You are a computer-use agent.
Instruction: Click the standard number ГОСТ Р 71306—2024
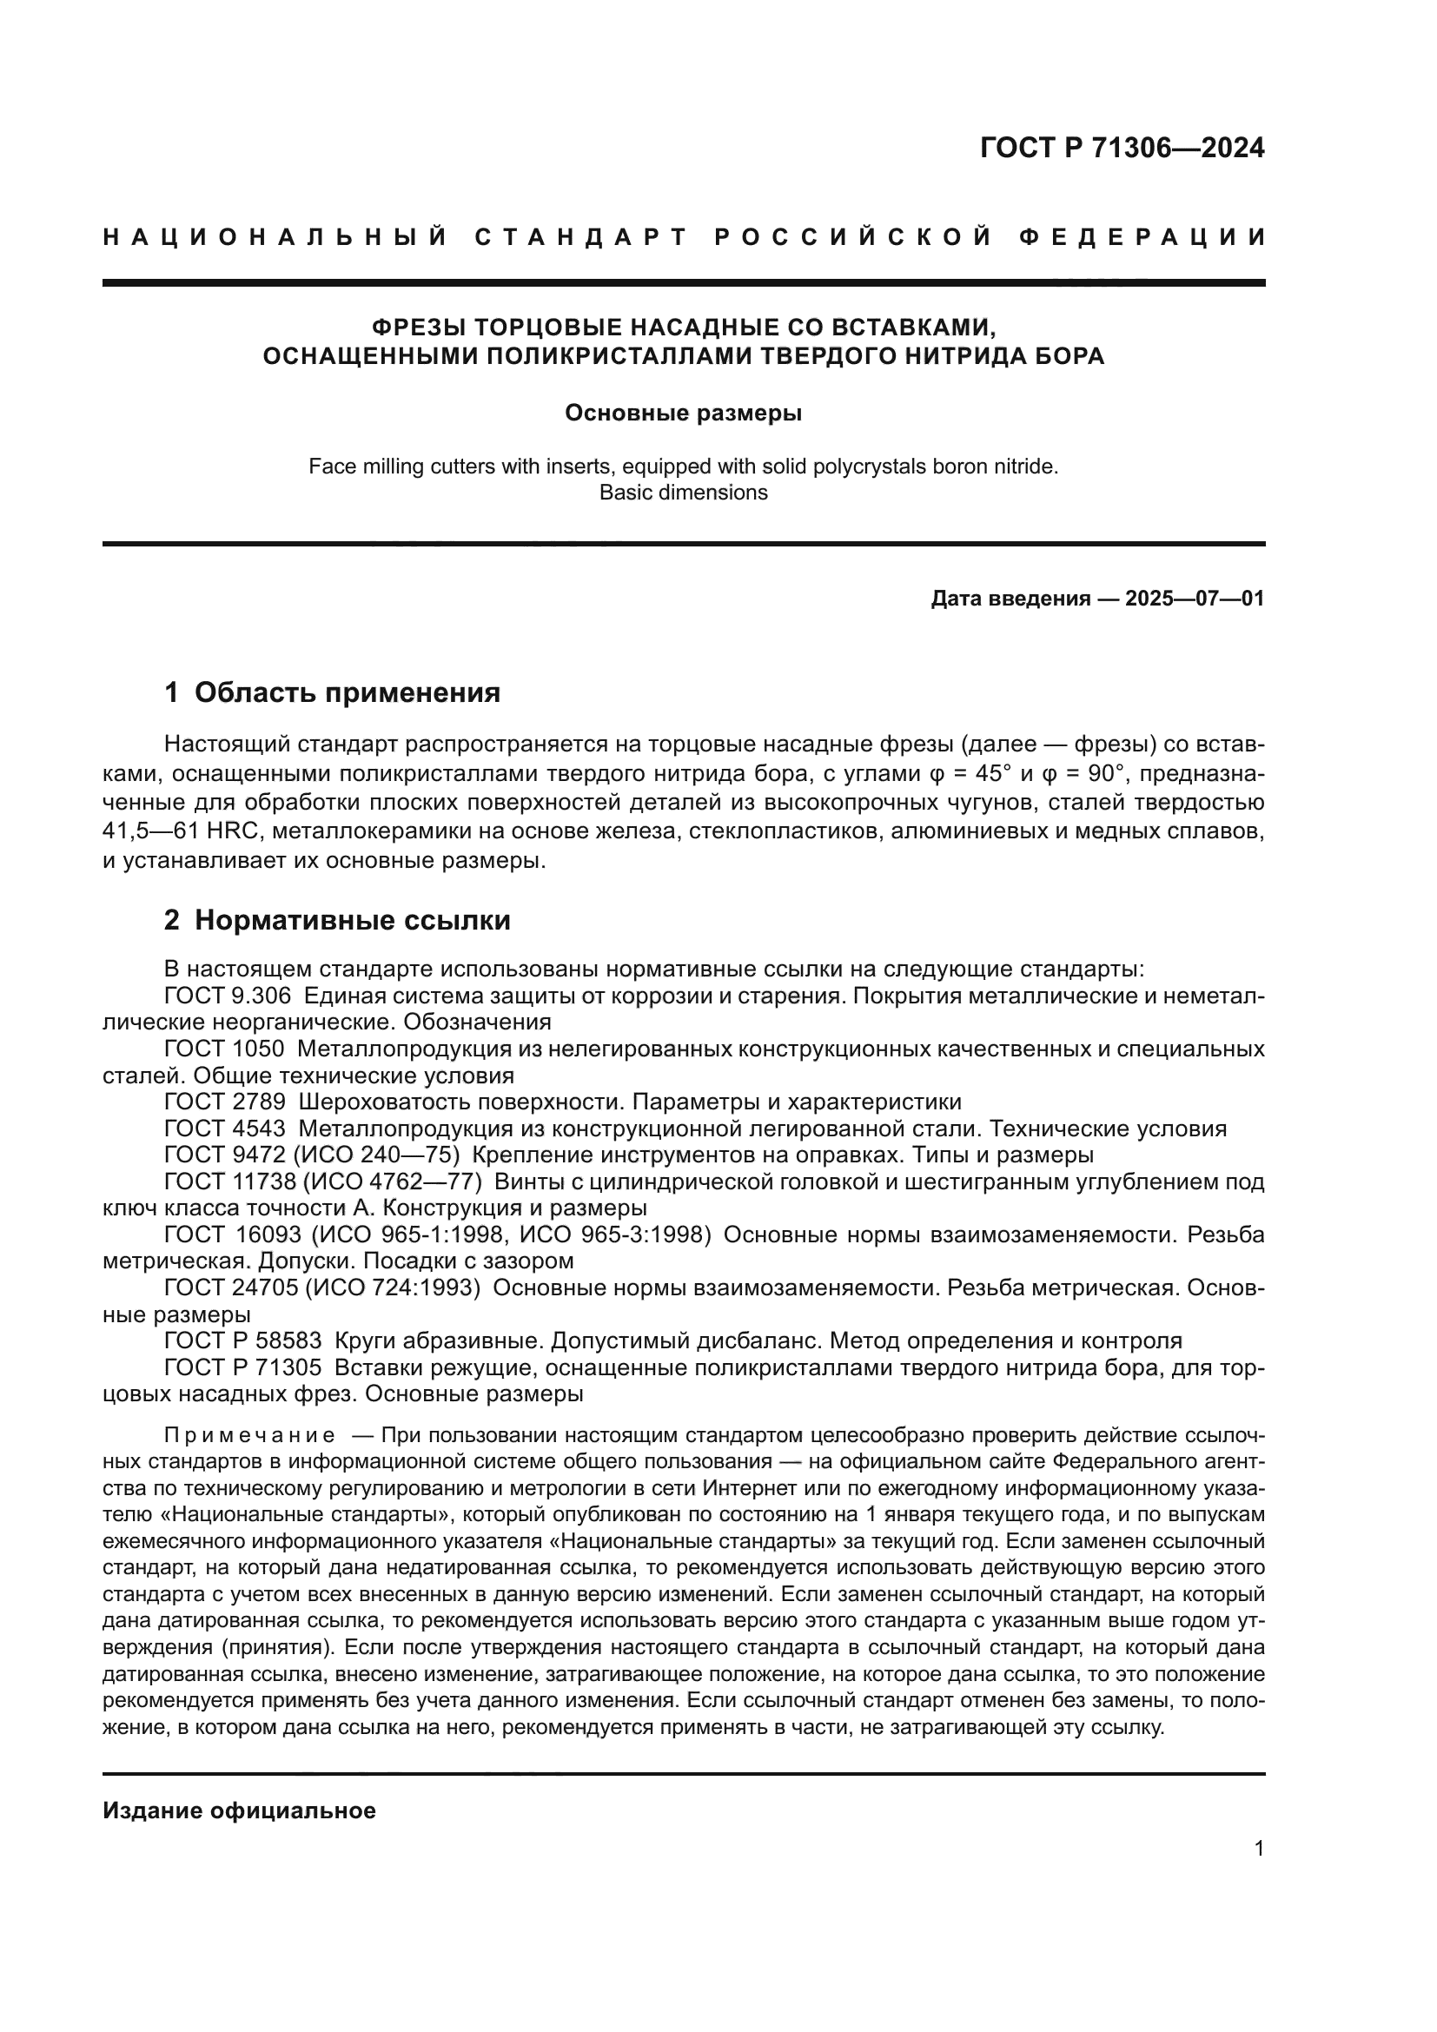coord(1121,148)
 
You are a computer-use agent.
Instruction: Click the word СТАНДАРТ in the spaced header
coord(581,237)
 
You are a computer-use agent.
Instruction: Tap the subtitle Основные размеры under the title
coord(683,414)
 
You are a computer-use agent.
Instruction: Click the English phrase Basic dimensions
coord(683,493)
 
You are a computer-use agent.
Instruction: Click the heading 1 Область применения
coord(333,692)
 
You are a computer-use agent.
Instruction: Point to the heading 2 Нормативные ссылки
coord(337,920)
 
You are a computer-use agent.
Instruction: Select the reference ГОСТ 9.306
coord(228,996)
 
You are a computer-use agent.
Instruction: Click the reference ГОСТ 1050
coord(225,1049)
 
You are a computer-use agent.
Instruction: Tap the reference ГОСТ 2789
coord(225,1102)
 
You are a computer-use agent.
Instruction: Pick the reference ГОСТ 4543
coord(225,1129)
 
